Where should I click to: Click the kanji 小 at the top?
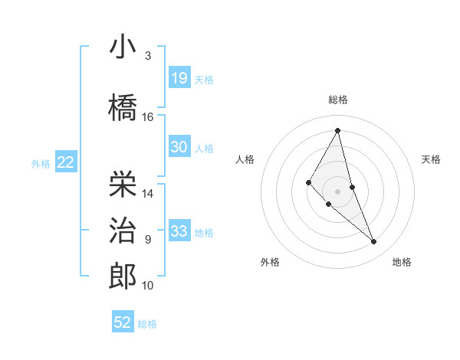[x=123, y=48]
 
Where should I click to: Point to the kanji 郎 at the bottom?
[x=123, y=276]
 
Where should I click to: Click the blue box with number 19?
[x=179, y=78]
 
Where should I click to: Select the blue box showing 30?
[x=179, y=147]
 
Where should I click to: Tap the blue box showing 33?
[x=179, y=231]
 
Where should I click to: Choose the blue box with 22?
[x=65, y=162]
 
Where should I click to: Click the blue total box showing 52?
[x=123, y=322]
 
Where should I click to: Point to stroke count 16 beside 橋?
[x=148, y=117]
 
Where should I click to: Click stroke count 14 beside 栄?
[x=148, y=194]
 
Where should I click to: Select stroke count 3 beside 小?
[x=148, y=56]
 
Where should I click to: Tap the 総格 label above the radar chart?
[x=338, y=100]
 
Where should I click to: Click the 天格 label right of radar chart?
[x=432, y=159]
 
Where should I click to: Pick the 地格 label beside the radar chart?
[x=402, y=263]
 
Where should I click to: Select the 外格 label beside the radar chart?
[x=270, y=263]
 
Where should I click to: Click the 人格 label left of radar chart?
[x=245, y=159]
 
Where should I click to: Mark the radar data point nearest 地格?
[x=373, y=242]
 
